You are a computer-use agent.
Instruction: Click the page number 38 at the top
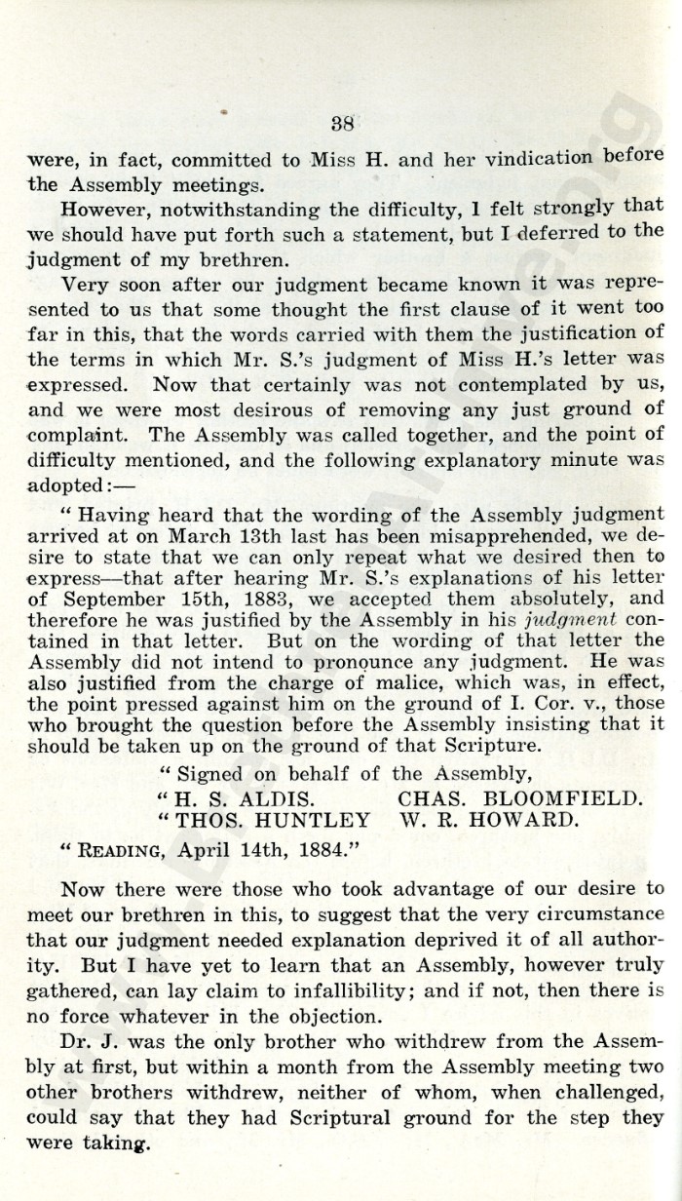[x=342, y=123]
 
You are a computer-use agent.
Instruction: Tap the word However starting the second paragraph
[x=104, y=209]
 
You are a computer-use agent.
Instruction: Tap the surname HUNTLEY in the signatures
[x=311, y=822]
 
